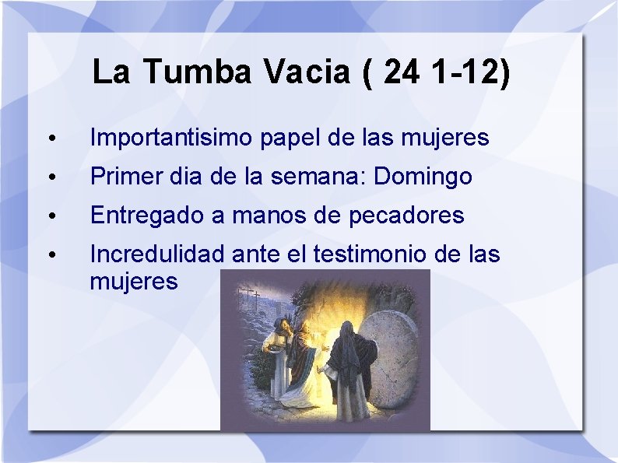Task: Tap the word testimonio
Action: coord(363,254)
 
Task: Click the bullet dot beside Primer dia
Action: coord(50,178)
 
